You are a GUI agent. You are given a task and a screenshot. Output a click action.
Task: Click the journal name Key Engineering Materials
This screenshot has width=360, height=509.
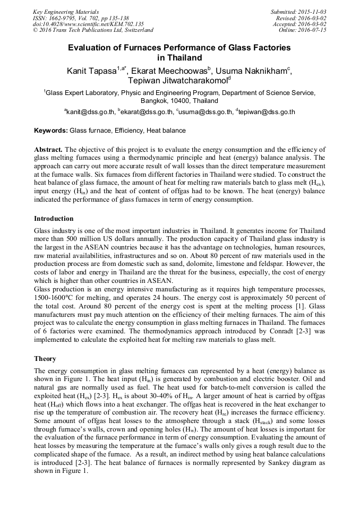pos(66,12)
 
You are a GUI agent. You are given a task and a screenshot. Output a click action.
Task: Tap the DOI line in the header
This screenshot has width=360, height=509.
pos(88,24)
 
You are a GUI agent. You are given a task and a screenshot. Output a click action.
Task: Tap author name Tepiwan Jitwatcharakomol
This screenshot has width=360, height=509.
pos(177,81)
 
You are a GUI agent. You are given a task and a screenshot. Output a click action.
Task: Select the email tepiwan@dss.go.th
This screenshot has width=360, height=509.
pos(267,112)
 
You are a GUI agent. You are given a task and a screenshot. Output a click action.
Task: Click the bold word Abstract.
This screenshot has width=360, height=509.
pos(48,150)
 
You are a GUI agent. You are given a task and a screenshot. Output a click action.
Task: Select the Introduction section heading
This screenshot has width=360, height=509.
pos(54,219)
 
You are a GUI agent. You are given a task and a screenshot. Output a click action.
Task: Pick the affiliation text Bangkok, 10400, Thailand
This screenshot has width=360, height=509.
pos(179,101)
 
